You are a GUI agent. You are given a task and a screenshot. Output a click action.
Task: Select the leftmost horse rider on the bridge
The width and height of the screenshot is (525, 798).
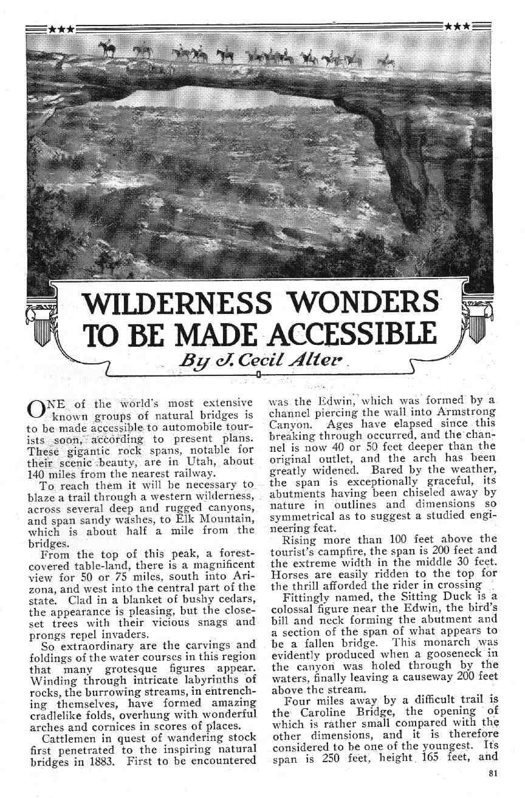click(x=108, y=48)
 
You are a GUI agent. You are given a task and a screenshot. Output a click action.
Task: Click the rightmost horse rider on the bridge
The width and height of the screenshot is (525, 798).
click(x=385, y=61)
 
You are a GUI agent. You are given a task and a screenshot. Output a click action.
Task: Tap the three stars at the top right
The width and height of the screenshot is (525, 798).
click(x=456, y=26)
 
